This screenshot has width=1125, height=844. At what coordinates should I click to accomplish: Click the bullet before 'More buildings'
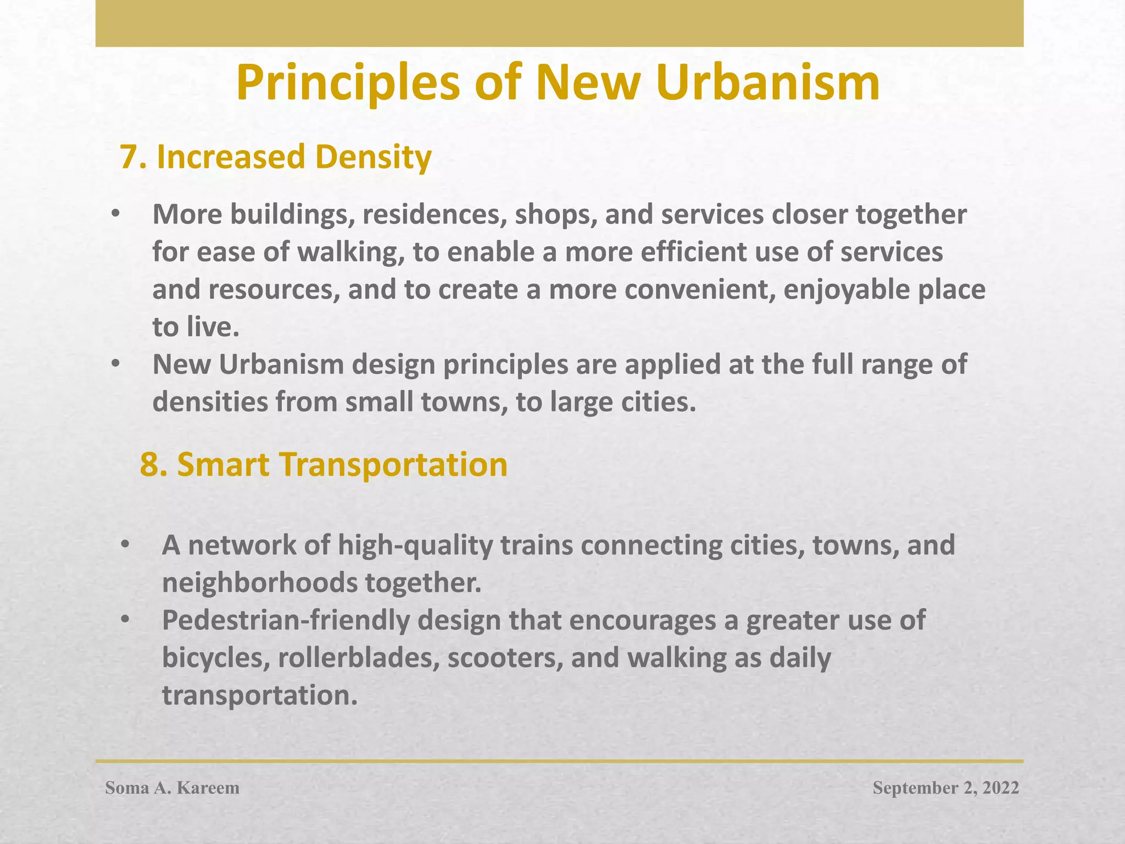[114, 215]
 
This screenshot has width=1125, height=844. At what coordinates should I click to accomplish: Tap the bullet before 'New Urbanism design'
[114, 365]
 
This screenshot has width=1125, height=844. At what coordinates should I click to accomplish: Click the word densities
[209, 402]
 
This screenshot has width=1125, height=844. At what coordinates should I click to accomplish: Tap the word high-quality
[415, 545]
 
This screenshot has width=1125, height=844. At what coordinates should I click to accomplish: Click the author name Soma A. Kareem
[172, 788]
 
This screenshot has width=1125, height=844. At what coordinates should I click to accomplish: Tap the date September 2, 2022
[946, 788]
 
